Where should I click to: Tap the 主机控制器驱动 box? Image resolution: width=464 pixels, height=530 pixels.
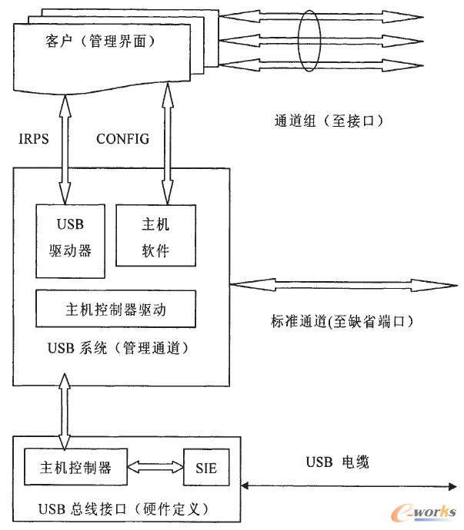[x=116, y=310]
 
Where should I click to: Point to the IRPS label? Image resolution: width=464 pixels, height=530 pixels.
[x=35, y=139]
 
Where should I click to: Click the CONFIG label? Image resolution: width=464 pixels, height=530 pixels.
[x=122, y=139]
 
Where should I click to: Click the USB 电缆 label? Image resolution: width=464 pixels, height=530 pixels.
[x=338, y=462]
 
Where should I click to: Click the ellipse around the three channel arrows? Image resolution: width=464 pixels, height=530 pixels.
[x=309, y=40]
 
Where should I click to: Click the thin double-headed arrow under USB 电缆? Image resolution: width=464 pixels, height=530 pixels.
[x=347, y=485]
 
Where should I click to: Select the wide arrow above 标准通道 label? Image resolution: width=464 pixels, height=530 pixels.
[x=339, y=286]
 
